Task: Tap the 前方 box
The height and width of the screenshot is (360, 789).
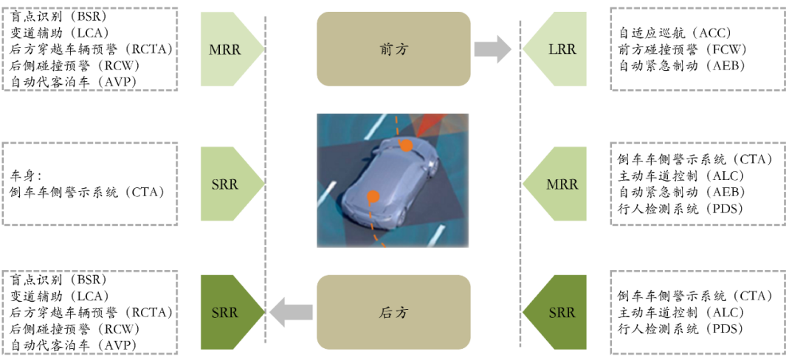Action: (x=393, y=49)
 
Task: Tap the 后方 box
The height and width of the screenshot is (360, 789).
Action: (x=393, y=313)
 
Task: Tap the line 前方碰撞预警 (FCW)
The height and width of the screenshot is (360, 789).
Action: (x=683, y=49)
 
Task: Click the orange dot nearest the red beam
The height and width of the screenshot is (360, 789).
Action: (x=406, y=146)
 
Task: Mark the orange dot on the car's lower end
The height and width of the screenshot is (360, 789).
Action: (x=373, y=196)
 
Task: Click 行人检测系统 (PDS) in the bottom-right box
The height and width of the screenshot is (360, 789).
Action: (x=680, y=329)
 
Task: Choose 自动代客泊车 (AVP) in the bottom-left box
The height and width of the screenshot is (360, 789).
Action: (x=74, y=345)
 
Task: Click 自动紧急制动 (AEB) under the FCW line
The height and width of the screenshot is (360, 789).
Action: (x=683, y=66)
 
